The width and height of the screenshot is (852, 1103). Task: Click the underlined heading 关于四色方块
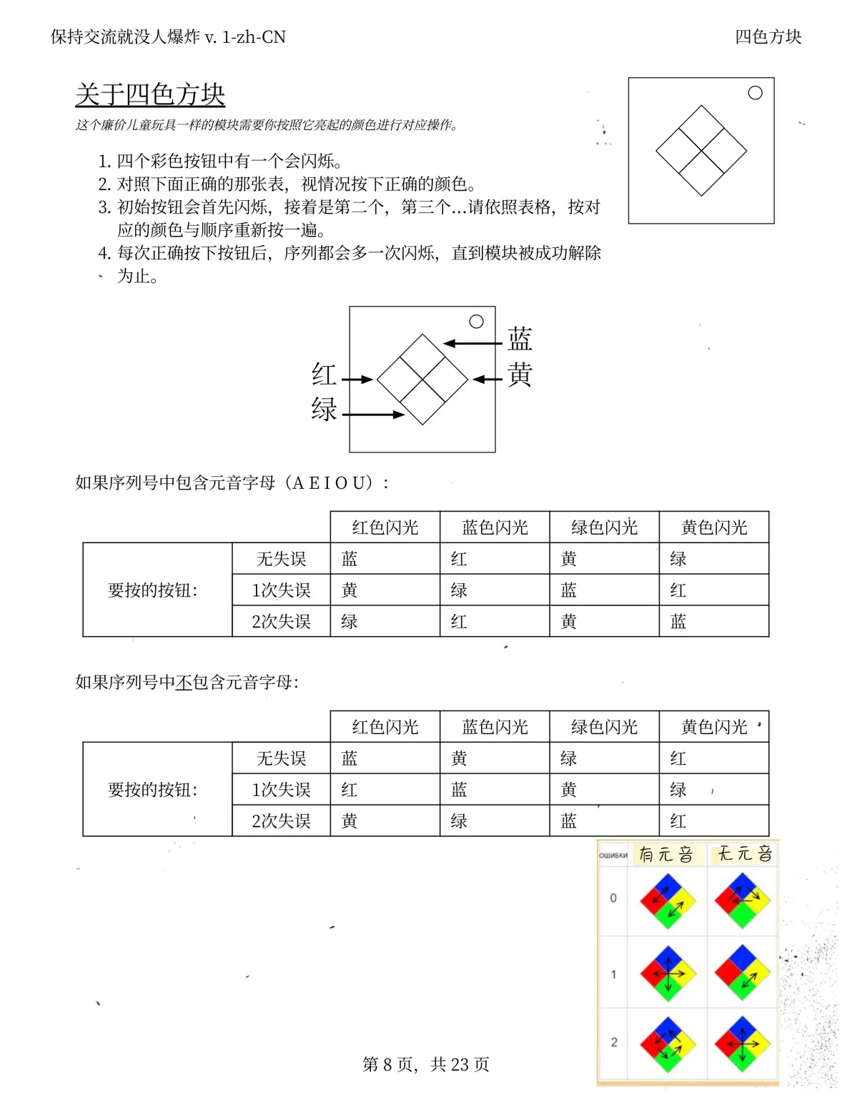point(150,94)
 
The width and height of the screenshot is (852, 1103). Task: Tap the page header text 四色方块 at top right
point(768,36)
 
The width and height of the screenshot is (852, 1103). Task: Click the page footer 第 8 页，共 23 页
point(426,1064)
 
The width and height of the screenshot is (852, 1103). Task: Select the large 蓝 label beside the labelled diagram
point(520,339)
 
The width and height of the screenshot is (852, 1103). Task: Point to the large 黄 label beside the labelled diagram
point(520,374)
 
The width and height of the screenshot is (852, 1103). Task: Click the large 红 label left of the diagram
point(324,374)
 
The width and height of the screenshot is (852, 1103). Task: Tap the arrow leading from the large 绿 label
point(373,414)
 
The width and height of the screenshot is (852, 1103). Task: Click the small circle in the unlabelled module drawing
point(755,93)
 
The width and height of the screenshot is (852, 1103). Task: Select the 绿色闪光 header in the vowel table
point(604,528)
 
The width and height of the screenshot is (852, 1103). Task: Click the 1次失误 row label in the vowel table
point(281,590)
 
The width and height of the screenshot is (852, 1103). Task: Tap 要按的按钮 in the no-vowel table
point(152,790)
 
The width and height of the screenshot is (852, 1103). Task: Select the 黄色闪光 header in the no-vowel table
point(713,727)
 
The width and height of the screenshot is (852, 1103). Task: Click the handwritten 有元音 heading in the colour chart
point(665,854)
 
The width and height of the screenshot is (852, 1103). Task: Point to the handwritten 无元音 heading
point(744,854)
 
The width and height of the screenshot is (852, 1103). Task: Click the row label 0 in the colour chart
point(613,898)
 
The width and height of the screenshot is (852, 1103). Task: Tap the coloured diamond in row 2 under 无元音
point(742,1044)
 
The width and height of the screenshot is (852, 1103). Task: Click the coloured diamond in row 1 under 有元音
point(668,974)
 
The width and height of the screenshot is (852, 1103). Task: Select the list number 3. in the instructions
point(104,207)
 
